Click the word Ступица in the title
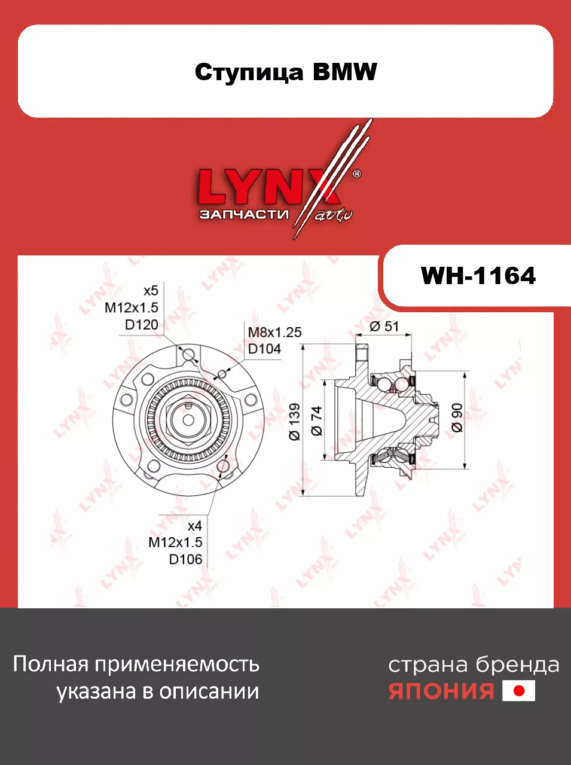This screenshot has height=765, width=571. point(249,73)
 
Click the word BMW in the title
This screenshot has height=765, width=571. point(344,72)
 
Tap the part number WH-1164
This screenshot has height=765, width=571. point(478,276)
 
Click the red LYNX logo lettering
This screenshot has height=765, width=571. point(268,187)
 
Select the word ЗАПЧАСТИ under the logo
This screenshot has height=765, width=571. point(244,214)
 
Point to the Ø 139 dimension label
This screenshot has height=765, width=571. point(295,422)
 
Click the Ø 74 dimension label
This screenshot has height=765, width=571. point(317,421)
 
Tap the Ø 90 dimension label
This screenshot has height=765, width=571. point(457,418)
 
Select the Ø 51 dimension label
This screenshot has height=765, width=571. point(384,327)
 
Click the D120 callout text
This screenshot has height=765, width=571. point(142,325)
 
